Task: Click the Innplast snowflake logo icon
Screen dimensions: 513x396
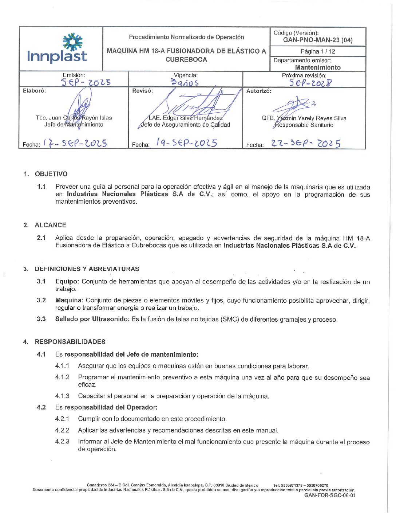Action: (72, 42)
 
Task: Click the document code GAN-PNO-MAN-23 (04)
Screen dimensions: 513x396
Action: (318, 40)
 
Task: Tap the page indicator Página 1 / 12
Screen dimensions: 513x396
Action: (318, 51)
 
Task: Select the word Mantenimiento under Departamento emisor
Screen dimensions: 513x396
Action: (318, 67)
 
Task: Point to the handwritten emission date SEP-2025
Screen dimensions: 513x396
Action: (86, 83)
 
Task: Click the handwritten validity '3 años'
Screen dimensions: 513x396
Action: (185, 83)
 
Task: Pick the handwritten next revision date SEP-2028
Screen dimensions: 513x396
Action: (310, 83)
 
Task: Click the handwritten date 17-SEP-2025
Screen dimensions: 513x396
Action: (75, 143)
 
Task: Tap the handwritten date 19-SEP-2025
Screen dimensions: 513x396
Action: (187, 143)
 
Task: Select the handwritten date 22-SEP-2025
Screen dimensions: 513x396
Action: (306, 144)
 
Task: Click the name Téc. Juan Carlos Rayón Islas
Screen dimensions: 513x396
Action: (74, 118)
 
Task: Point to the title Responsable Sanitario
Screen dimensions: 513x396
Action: (304, 125)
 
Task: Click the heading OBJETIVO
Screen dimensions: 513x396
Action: (51, 174)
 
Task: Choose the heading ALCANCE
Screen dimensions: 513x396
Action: (50, 225)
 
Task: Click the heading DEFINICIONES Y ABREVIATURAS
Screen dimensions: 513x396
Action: (87, 269)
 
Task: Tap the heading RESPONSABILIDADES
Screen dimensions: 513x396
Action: (70, 342)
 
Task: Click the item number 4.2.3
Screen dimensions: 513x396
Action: (62, 442)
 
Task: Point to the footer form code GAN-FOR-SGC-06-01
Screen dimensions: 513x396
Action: (330, 495)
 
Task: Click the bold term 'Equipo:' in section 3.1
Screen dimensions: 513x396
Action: (67, 282)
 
